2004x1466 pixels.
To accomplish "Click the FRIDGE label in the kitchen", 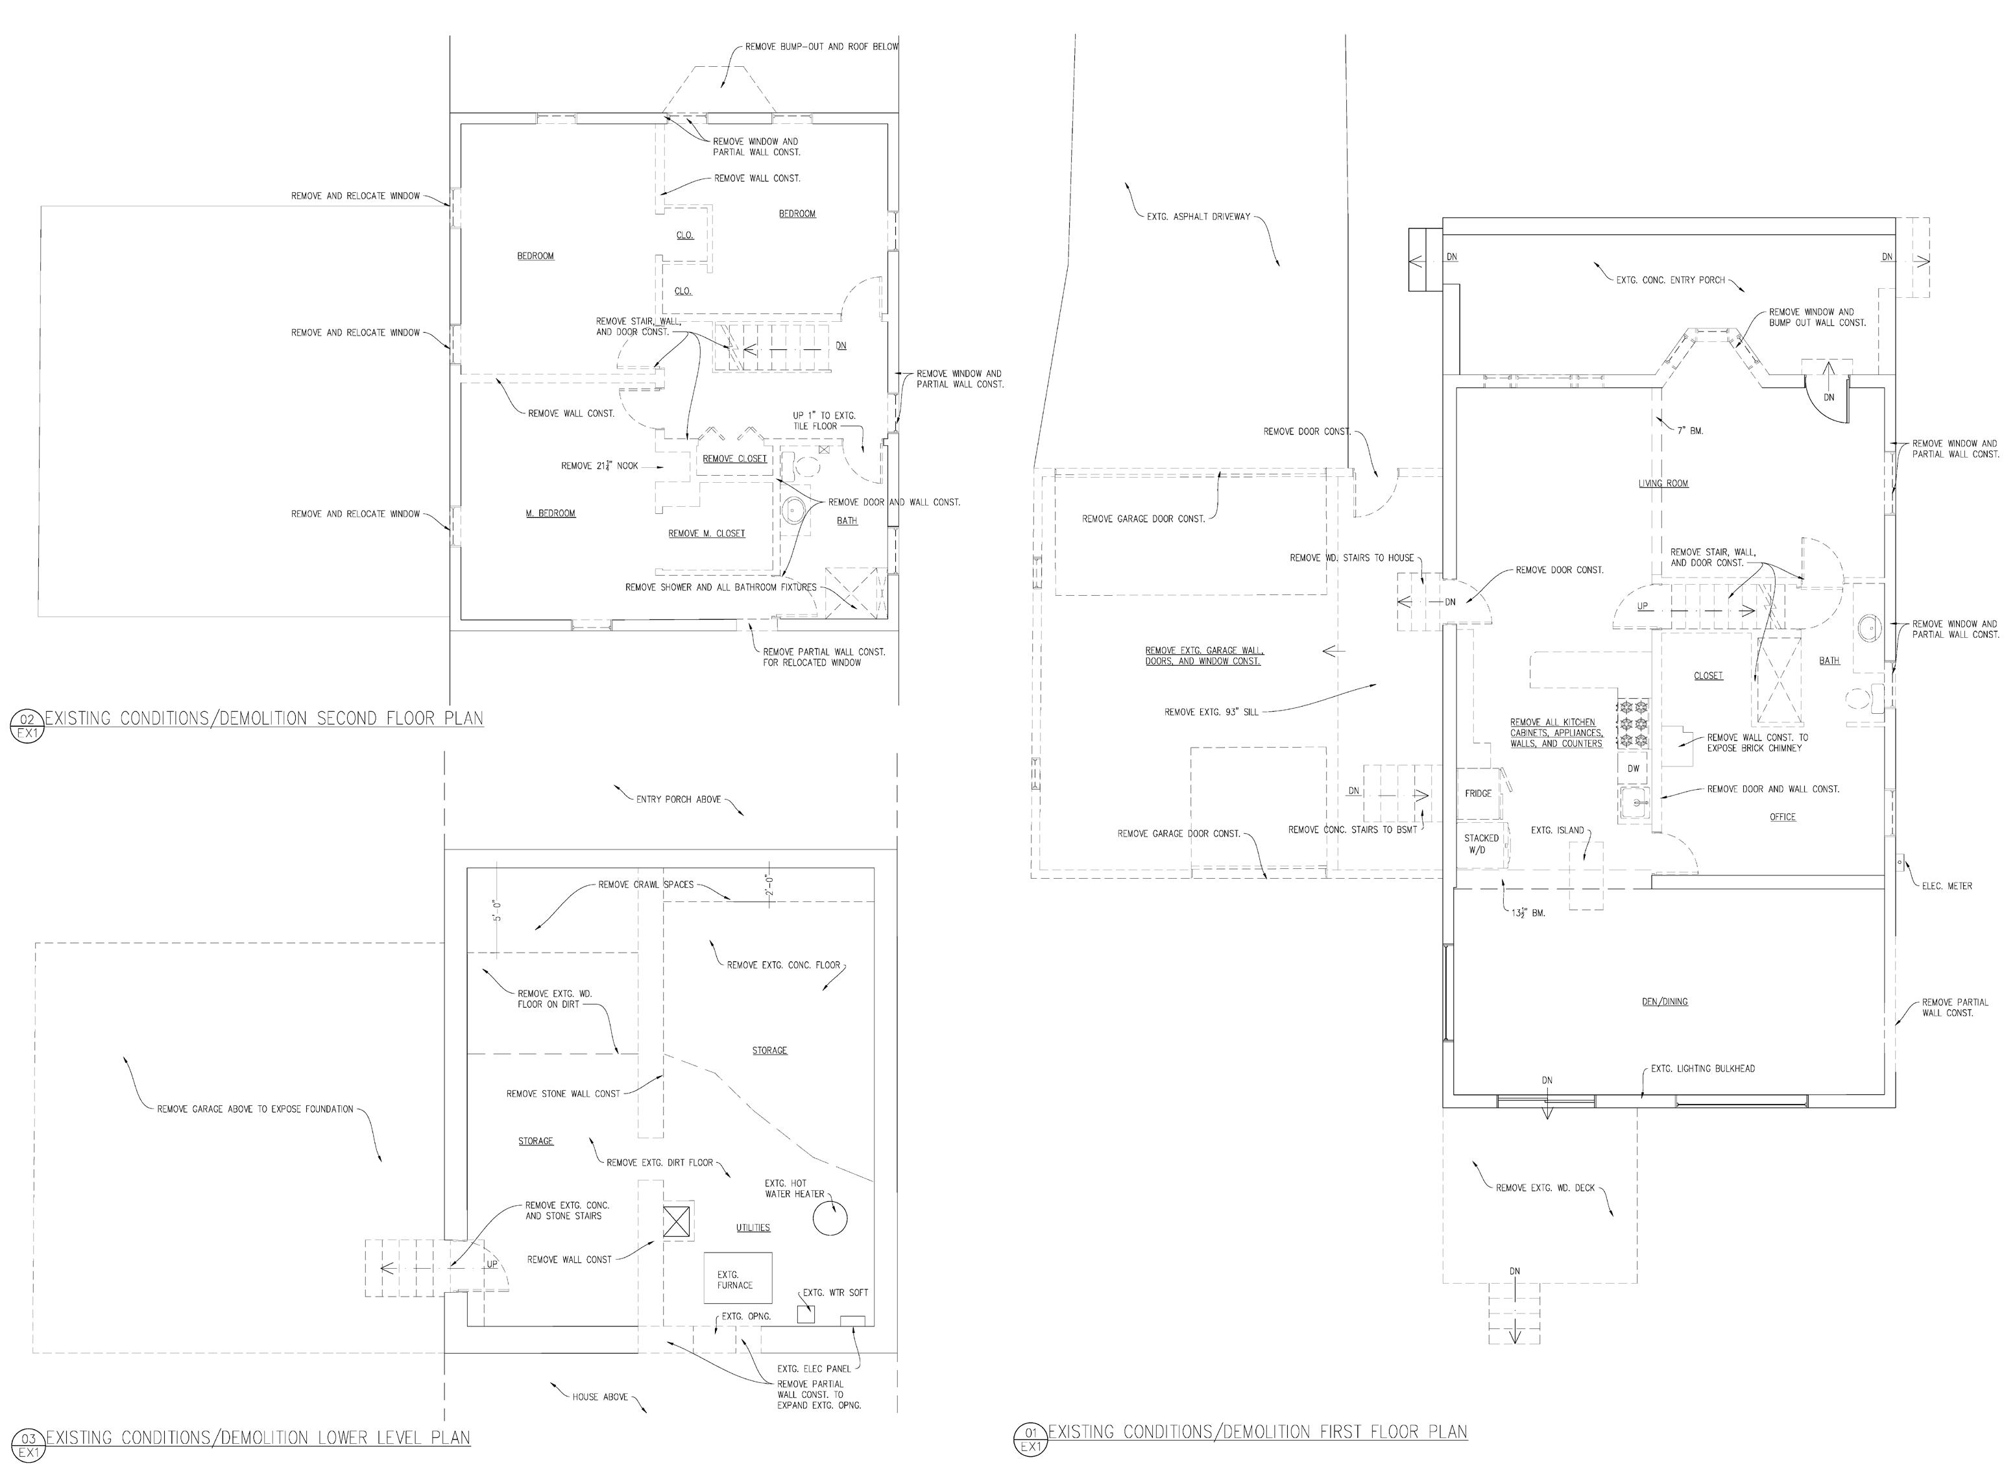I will coord(1477,793).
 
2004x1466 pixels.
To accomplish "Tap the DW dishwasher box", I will coord(1633,768).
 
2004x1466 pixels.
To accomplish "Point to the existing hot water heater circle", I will coord(830,1217).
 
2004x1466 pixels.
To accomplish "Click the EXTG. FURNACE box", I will coord(737,1278).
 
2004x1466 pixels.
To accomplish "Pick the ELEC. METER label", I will coord(1947,886).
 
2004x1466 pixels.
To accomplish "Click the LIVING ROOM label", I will coord(1663,483).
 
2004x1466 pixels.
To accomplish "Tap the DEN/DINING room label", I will coord(1664,1002).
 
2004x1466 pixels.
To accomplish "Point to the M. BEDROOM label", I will coord(550,514).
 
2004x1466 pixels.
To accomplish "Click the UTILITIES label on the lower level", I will coord(753,1228).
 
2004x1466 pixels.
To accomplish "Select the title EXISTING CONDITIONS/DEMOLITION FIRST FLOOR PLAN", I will coord(1257,1432).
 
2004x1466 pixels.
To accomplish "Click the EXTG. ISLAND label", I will coord(1557,831).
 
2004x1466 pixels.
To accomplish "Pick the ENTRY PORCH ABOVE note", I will coord(678,800).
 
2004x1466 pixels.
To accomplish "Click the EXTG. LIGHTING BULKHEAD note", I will coord(1702,1068).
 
